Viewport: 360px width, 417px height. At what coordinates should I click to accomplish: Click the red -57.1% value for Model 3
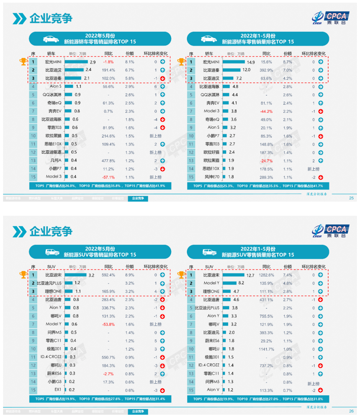tap(109, 177)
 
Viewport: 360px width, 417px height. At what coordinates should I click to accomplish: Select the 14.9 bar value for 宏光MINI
tap(251, 62)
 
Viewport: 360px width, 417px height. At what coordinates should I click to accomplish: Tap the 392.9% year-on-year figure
tap(267, 70)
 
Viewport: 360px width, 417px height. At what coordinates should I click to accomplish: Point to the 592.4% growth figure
tap(109, 275)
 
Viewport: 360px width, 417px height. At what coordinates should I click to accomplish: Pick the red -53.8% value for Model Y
tap(109, 324)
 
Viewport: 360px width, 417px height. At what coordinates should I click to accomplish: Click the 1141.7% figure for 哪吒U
tap(267, 349)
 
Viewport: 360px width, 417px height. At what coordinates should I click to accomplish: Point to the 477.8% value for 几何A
tap(109, 160)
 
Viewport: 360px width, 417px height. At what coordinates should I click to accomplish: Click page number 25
tap(351, 198)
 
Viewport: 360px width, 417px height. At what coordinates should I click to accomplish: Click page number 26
tap(351, 411)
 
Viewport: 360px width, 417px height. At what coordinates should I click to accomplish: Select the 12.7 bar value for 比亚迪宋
tap(250, 275)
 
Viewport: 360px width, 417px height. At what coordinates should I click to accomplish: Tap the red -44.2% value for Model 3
tap(267, 111)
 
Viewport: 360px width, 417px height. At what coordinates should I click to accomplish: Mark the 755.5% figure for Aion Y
tap(267, 316)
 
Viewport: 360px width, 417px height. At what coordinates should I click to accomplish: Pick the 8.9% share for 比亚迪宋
tap(130, 275)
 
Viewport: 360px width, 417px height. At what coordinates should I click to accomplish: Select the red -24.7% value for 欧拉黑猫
tap(267, 160)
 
